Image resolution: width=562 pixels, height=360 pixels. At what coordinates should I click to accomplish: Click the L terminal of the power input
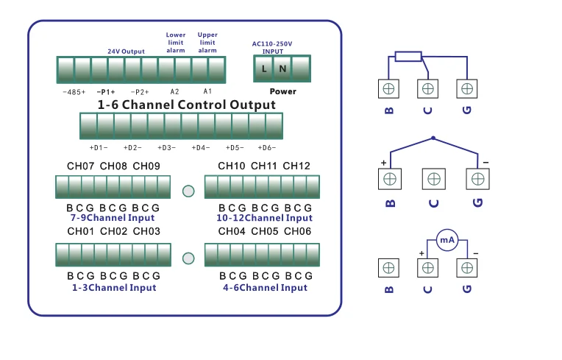[x=265, y=69]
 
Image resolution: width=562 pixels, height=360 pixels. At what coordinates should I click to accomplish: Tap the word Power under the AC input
[x=283, y=92]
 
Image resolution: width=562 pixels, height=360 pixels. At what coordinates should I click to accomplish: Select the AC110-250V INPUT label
[x=272, y=48]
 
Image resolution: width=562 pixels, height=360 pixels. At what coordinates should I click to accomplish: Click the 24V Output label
[x=126, y=52]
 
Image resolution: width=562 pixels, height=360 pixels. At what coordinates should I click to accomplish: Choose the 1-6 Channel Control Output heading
[x=187, y=105]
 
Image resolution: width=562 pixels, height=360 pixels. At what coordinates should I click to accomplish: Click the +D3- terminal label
[x=166, y=148]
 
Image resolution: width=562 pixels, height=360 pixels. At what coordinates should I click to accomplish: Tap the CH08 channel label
[x=114, y=166]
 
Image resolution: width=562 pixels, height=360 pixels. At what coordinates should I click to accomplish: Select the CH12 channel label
[x=296, y=166]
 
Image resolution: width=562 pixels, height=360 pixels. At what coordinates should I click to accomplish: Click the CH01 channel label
[x=81, y=232]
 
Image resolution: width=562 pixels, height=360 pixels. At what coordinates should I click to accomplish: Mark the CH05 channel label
[x=265, y=232]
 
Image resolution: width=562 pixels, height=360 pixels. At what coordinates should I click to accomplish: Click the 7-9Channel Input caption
[x=113, y=218]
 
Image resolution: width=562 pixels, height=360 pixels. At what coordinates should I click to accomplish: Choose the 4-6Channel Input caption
[x=265, y=288]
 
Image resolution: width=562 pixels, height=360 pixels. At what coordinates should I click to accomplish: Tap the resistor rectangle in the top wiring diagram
[x=408, y=56]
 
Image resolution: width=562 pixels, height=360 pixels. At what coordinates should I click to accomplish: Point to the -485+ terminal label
[x=74, y=92]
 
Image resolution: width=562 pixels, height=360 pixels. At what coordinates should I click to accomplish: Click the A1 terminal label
[x=207, y=92]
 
